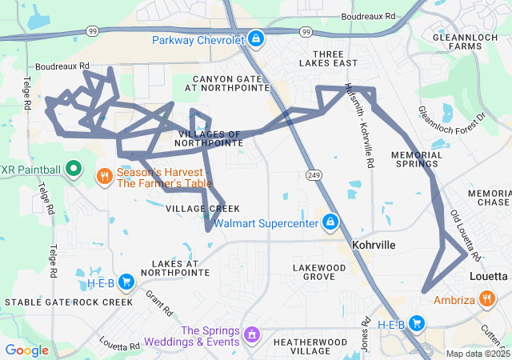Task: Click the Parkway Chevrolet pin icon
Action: point(255,38)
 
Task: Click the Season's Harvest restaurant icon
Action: point(104,175)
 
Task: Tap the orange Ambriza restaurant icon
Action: point(487,300)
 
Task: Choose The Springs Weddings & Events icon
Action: point(252,332)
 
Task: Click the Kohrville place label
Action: point(375,245)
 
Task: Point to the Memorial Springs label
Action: point(416,158)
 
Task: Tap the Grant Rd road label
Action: point(158,302)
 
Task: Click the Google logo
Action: point(26,350)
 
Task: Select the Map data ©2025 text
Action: point(478,354)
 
